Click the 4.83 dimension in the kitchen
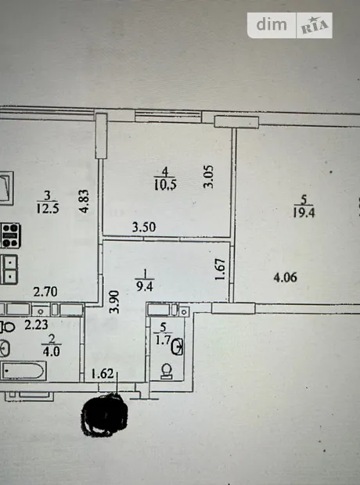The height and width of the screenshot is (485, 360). click(84, 201)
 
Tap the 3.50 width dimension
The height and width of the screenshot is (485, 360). click(144, 227)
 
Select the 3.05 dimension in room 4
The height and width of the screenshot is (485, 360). click(208, 176)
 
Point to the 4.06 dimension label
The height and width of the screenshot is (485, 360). click(286, 277)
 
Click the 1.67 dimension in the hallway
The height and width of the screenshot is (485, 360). click(220, 269)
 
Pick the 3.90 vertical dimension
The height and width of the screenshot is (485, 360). click(114, 302)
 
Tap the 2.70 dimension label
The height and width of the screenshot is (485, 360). click(45, 292)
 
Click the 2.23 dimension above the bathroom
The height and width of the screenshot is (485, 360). click(36, 325)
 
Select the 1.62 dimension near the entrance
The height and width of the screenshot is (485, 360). click(103, 374)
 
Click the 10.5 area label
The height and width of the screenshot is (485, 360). click(165, 185)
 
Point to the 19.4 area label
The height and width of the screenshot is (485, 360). click(304, 213)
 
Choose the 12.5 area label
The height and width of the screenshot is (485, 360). click(48, 208)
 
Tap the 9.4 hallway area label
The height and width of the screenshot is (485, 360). click(145, 286)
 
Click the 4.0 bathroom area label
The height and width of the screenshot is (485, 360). click(52, 352)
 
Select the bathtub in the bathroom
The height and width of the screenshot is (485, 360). click(23, 371)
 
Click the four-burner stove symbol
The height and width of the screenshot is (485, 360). click(10, 235)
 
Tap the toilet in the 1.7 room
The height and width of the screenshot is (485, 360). click(167, 371)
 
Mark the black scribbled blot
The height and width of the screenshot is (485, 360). click(104, 414)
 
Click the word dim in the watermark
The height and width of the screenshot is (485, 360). click(272, 24)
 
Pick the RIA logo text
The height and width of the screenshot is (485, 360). click(315, 26)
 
